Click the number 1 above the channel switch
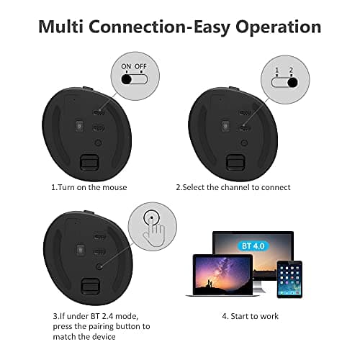tap(276, 70)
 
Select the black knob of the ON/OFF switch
tap(129, 79)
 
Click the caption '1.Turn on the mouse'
tap(89, 187)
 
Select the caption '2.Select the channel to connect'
tap(233, 187)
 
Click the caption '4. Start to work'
tap(251, 316)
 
